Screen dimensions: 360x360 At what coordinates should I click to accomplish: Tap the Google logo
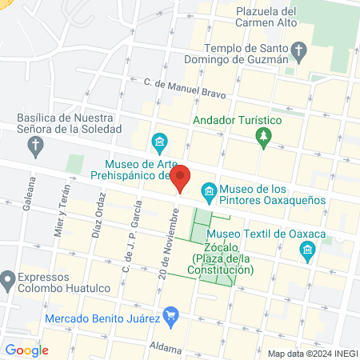click(27, 350)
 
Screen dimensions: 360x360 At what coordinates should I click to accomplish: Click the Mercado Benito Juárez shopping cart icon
click(170, 318)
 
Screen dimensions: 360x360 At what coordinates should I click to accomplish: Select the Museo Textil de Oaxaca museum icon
click(307, 252)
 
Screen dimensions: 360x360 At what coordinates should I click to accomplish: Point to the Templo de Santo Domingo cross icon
click(298, 54)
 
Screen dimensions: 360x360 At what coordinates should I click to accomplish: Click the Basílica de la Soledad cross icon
click(34, 146)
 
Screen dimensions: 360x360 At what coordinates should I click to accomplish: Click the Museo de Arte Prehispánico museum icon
click(159, 144)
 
